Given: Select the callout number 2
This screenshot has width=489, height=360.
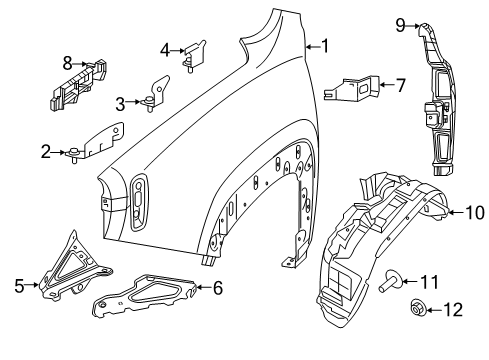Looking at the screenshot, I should click(46, 151).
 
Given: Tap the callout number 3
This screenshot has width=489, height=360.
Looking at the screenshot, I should click(121, 102).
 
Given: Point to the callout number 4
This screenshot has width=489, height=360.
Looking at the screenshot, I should click(165, 47).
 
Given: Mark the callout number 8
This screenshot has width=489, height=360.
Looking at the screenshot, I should click(68, 61).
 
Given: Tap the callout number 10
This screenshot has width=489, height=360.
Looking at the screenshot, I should click(474, 211).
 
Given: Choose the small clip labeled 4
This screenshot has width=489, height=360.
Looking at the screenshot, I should click(192, 51).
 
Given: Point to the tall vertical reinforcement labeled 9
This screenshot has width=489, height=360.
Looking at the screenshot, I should click(439, 100).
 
